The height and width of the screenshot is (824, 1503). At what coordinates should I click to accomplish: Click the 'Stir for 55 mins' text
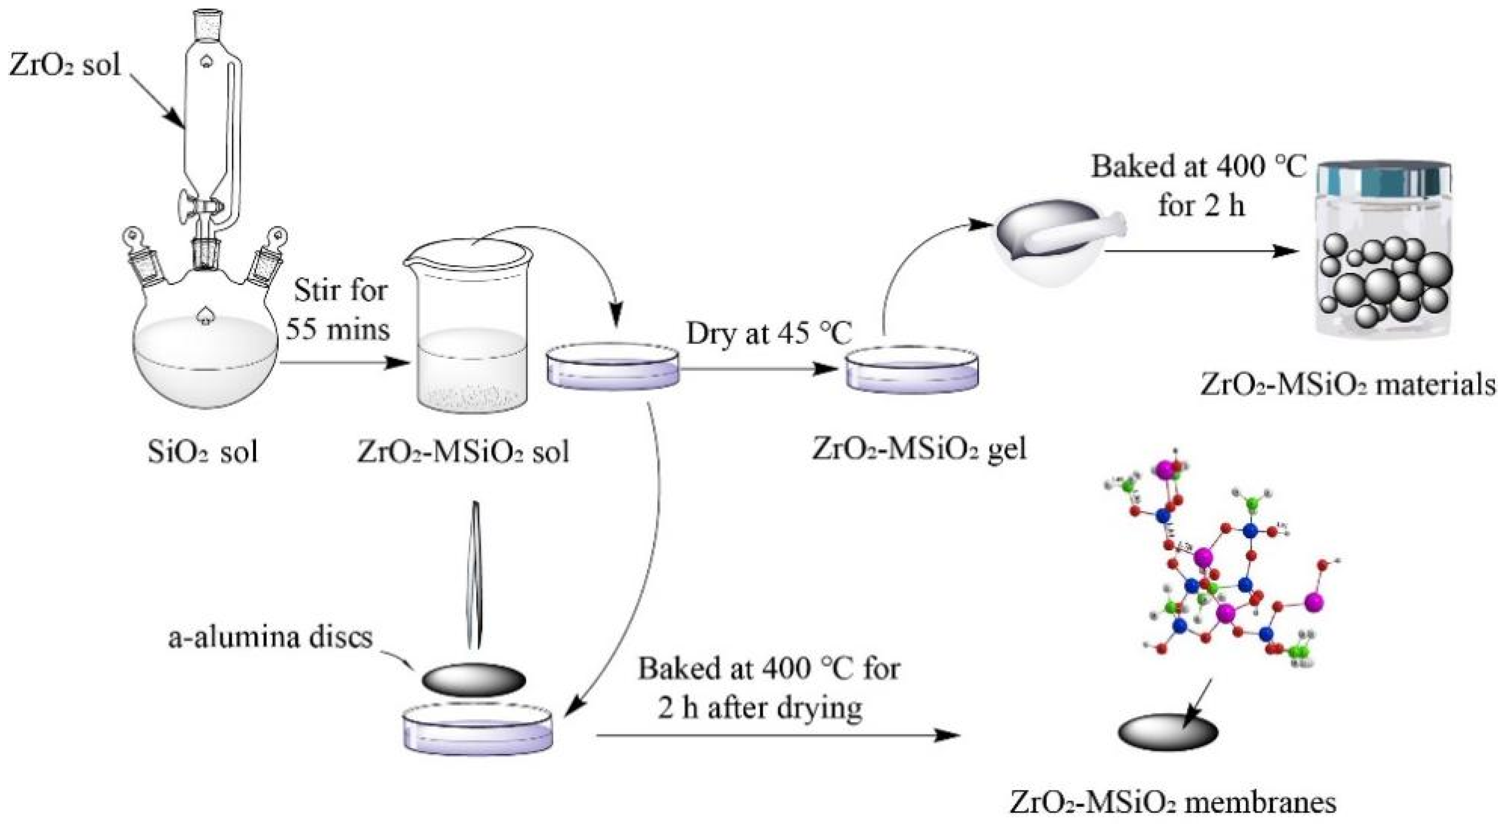339,309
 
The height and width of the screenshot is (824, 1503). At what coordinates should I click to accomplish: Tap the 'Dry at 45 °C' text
768,334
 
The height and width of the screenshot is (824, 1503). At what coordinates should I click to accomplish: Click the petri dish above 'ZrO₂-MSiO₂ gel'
912,371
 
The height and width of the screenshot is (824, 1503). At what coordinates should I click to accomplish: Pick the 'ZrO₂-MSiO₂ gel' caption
919,448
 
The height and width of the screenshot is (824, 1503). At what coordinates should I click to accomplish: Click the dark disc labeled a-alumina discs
473,680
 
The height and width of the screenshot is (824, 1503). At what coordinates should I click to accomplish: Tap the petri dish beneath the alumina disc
477,729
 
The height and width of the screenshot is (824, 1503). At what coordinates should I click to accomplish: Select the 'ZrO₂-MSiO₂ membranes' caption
1173,802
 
